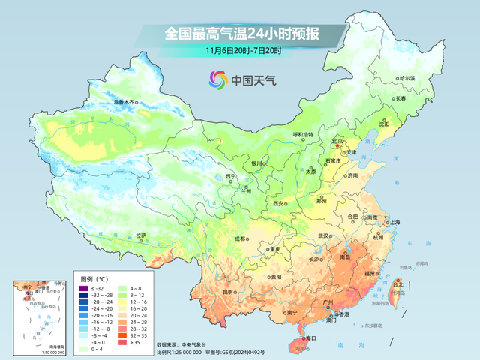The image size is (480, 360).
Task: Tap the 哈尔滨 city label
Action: point(406,78)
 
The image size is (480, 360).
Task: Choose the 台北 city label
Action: point(398,284)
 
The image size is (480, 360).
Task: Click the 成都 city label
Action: point(240,238)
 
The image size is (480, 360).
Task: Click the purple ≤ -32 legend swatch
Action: point(85,288)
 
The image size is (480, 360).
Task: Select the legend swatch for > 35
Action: point(123,342)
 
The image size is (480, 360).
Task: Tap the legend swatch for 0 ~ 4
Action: point(85,349)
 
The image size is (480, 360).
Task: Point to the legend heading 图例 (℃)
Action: point(94,278)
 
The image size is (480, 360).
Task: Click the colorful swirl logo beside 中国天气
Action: point(217,78)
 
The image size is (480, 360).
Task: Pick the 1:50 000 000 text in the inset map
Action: point(34,351)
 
